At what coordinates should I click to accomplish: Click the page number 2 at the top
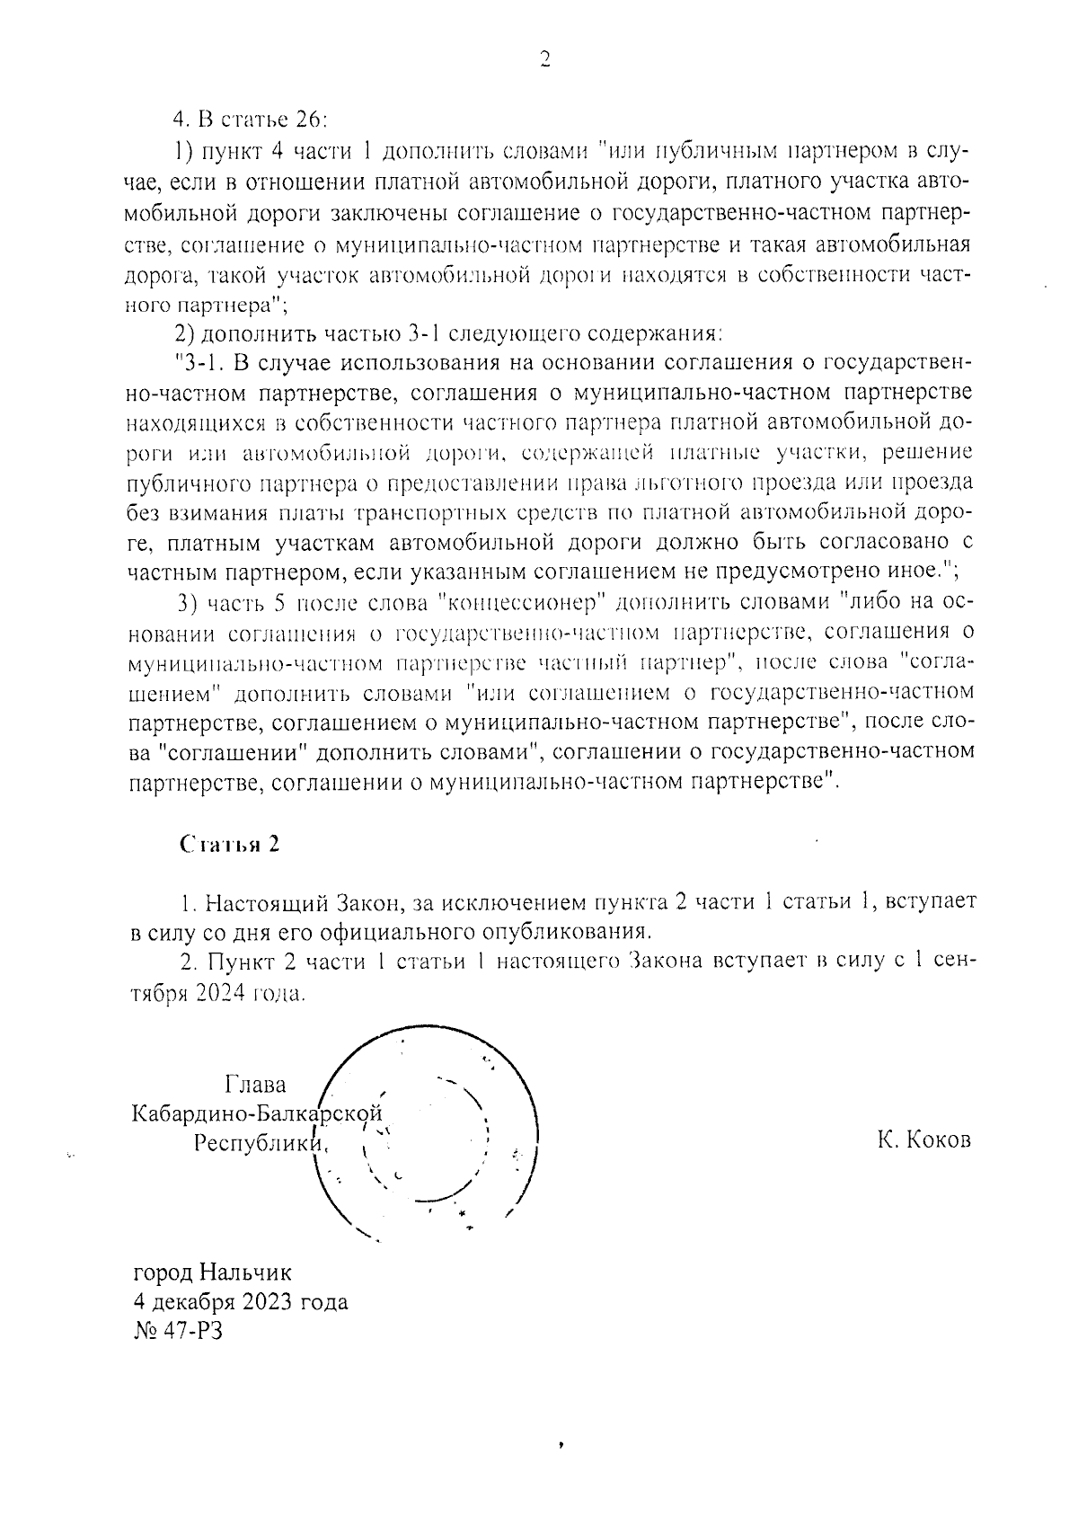(x=543, y=59)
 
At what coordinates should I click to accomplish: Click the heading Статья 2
(x=230, y=845)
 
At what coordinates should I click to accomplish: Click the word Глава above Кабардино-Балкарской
(x=255, y=1085)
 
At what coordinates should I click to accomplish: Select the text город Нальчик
(x=212, y=1272)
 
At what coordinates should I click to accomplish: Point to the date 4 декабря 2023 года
(x=240, y=1301)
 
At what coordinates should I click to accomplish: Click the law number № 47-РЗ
(x=177, y=1330)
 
